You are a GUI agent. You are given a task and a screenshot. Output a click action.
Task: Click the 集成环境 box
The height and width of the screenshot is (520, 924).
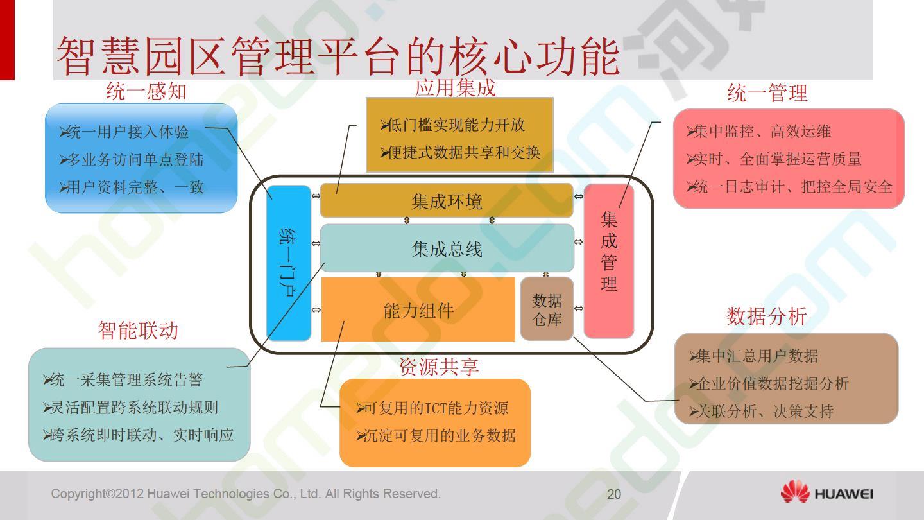(x=447, y=200)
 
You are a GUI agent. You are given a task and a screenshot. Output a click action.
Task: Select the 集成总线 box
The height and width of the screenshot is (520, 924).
(x=447, y=248)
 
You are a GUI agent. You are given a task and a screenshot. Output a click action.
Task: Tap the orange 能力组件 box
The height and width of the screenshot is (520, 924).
(x=418, y=309)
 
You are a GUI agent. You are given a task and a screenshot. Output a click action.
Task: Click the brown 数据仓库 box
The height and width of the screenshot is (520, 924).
(x=547, y=309)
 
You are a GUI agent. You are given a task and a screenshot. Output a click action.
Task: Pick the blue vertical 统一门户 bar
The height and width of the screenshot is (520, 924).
(x=289, y=263)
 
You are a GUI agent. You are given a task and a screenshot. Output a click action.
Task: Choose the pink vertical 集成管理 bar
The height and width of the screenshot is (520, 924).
(x=609, y=261)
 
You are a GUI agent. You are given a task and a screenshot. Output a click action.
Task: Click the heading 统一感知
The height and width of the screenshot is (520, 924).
(x=146, y=91)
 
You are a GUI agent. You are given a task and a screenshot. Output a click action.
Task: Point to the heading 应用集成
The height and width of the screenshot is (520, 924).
(x=455, y=88)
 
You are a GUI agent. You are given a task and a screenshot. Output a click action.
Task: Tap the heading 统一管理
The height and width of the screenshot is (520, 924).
(x=767, y=92)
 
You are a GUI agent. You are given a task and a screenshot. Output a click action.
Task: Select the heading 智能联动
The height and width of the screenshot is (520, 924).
(x=138, y=330)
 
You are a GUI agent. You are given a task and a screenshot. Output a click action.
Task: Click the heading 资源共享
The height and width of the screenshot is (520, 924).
(x=439, y=367)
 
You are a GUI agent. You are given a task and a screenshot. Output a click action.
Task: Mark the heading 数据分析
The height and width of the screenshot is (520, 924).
(x=766, y=316)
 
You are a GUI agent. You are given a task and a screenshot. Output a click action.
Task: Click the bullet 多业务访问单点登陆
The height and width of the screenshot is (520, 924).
(x=132, y=160)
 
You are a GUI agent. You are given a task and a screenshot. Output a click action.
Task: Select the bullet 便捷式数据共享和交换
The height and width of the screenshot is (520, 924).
(x=460, y=153)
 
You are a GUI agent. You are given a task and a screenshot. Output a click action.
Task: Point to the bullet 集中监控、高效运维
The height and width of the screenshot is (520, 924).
(x=758, y=132)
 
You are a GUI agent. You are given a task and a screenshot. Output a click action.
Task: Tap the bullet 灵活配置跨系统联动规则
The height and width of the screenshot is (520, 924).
(x=130, y=408)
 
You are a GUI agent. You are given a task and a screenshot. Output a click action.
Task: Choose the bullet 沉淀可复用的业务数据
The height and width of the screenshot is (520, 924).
(x=436, y=435)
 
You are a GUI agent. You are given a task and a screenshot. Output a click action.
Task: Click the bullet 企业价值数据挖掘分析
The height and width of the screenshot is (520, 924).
(x=769, y=384)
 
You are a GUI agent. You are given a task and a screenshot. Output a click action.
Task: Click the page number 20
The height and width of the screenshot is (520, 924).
(x=614, y=494)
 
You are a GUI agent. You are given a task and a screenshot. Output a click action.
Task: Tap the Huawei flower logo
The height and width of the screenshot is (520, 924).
(x=795, y=491)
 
